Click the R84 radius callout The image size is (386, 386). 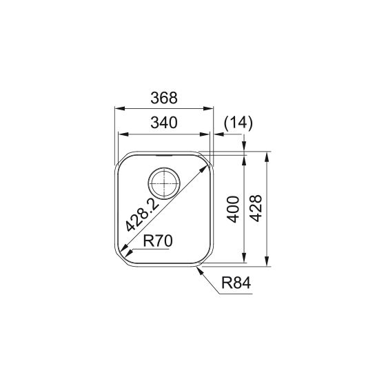236,282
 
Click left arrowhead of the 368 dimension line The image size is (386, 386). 117,108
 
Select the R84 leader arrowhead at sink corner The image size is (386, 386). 199,269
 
